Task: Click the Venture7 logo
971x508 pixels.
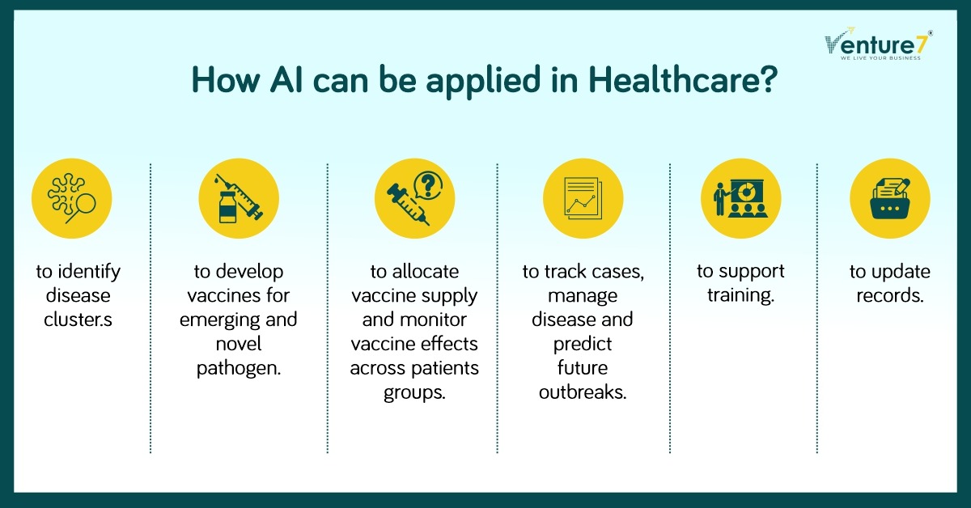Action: pyautogui.click(x=878, y=44)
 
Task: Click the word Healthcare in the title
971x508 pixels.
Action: pyautogui.click(x=683, y=80)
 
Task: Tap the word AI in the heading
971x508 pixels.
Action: pyautogui.click(x=286, y=80)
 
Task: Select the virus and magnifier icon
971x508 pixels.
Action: pyautogui.click(x=71, y=198)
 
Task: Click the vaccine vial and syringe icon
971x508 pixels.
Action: pyautogui.click(x=239, y=198)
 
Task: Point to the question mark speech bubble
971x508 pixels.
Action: pyautogui.click(x=428, y=186)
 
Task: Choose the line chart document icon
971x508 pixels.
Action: pyautogui.click(x=583, y=198)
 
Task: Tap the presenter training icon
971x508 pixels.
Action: pyautogui.click(x=741, y=198)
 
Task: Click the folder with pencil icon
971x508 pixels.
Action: pyautogui.click(x=890, y=198)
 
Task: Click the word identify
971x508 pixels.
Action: pyautogui.click(x=89, y=273)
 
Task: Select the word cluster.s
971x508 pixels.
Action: pyautogui.click(x=78, y=320)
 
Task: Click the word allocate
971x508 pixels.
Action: pyautogui.click(x=426, y=272)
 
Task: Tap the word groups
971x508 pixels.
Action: pyautogui.click(x=414, y=393)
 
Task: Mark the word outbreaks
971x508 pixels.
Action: pyautogui.click(x=583, y=392)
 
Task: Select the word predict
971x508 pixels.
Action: pyautogui.click(x=583, y=345)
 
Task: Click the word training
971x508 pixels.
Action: pyautogui.click(x=741, y=296)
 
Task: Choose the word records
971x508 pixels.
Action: pyautogui.click(x=890, y=296)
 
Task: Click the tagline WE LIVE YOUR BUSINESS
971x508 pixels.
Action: pyautogui.click(x=880, y=58)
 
